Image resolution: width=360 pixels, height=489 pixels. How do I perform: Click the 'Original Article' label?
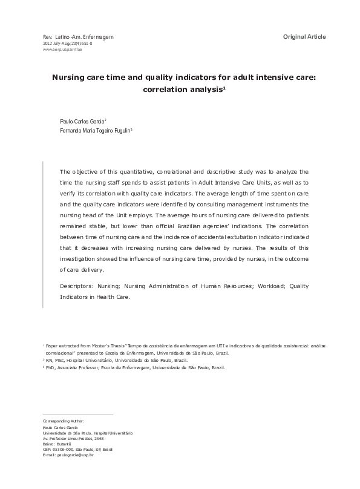(304, 37)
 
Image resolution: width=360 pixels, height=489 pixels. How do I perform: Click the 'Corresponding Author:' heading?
(64, 421)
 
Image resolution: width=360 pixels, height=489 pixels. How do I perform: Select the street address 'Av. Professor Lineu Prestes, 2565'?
(73, 438)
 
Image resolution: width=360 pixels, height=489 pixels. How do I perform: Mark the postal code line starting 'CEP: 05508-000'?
(78, 449)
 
